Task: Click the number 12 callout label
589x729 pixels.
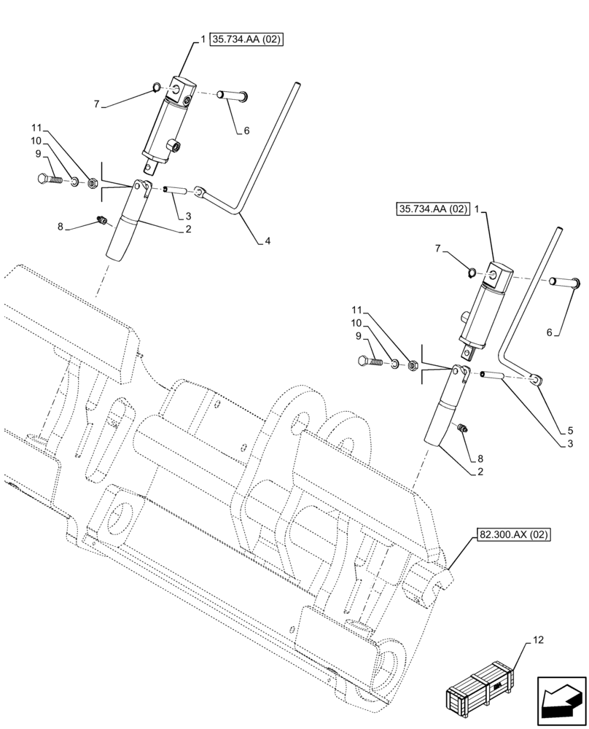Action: [538, 641]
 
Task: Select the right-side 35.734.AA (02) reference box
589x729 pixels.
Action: [433, 209]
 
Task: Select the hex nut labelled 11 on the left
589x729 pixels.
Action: [93, 183]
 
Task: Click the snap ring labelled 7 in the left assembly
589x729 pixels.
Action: [157, 89]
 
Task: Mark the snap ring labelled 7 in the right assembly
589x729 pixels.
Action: [472, 274]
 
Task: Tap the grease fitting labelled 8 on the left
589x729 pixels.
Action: [103, 219]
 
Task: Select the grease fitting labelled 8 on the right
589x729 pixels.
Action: [461, 429]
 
